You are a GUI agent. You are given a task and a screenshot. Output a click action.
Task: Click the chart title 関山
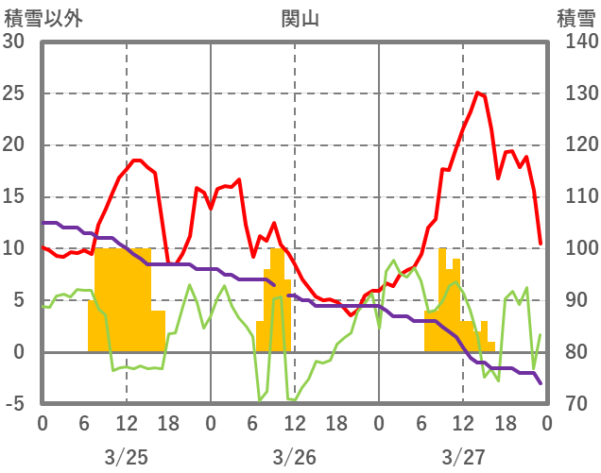click(x=300, y=17)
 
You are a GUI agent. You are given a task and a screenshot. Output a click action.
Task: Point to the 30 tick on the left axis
click(x=15, y=42)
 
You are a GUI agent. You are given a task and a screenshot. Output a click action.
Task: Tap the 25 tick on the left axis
click(x=15, y=93)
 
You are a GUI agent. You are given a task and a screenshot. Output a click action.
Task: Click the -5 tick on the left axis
click(x=15, y=404)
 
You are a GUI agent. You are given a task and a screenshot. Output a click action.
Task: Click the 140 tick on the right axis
click(x=576, y=42)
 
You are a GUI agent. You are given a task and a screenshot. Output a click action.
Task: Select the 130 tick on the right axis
click(x=576, y=93)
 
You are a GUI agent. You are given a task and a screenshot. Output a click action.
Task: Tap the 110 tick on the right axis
click(x=576, y=197)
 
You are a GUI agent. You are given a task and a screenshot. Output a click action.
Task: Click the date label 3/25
click(x=126, y=457)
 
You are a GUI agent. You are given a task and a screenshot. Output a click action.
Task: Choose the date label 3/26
click(x=295, y=457)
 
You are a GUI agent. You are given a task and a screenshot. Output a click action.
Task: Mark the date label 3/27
click(x=463, y=457)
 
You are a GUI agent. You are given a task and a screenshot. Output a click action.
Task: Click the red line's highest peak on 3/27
click(x=477, y=93)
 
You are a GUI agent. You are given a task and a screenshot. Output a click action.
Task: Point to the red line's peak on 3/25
click(x=137, y=160)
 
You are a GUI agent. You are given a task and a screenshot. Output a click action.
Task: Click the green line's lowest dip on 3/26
click(x=260, y=400)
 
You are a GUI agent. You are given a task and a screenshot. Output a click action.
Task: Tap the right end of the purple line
click(x=541, y=383)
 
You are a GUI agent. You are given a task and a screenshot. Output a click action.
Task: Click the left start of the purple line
click(x=43, y=223)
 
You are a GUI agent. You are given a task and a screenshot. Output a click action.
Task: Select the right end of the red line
click(x=541, y=244)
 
